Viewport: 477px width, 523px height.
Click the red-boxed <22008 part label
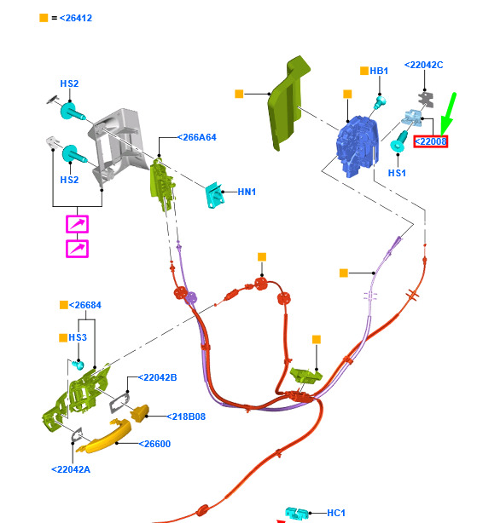pos(430,141)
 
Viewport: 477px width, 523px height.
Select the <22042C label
pos(423,65)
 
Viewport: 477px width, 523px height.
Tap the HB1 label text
pos(379,71)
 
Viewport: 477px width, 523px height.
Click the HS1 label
pos(397,173)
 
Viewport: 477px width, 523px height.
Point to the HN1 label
pos(247,192)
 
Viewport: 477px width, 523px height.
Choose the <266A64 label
pos(197,137)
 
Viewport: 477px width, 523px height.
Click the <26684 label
pos(84,305)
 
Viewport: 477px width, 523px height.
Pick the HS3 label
pos(78,337)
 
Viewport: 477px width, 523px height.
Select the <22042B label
pos(157,377)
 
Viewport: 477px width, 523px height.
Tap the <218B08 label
pos(186,417)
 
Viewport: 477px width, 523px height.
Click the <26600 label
pos(154,444)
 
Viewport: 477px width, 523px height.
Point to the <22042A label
pos(71,469)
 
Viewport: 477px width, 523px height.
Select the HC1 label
pos(336,513)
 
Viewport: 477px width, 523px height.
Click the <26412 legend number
pos(76,18)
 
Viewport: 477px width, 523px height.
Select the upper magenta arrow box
pos(77,224)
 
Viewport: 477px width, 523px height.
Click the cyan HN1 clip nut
pos(215,195)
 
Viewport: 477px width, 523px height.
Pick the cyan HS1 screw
pos(398,141)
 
